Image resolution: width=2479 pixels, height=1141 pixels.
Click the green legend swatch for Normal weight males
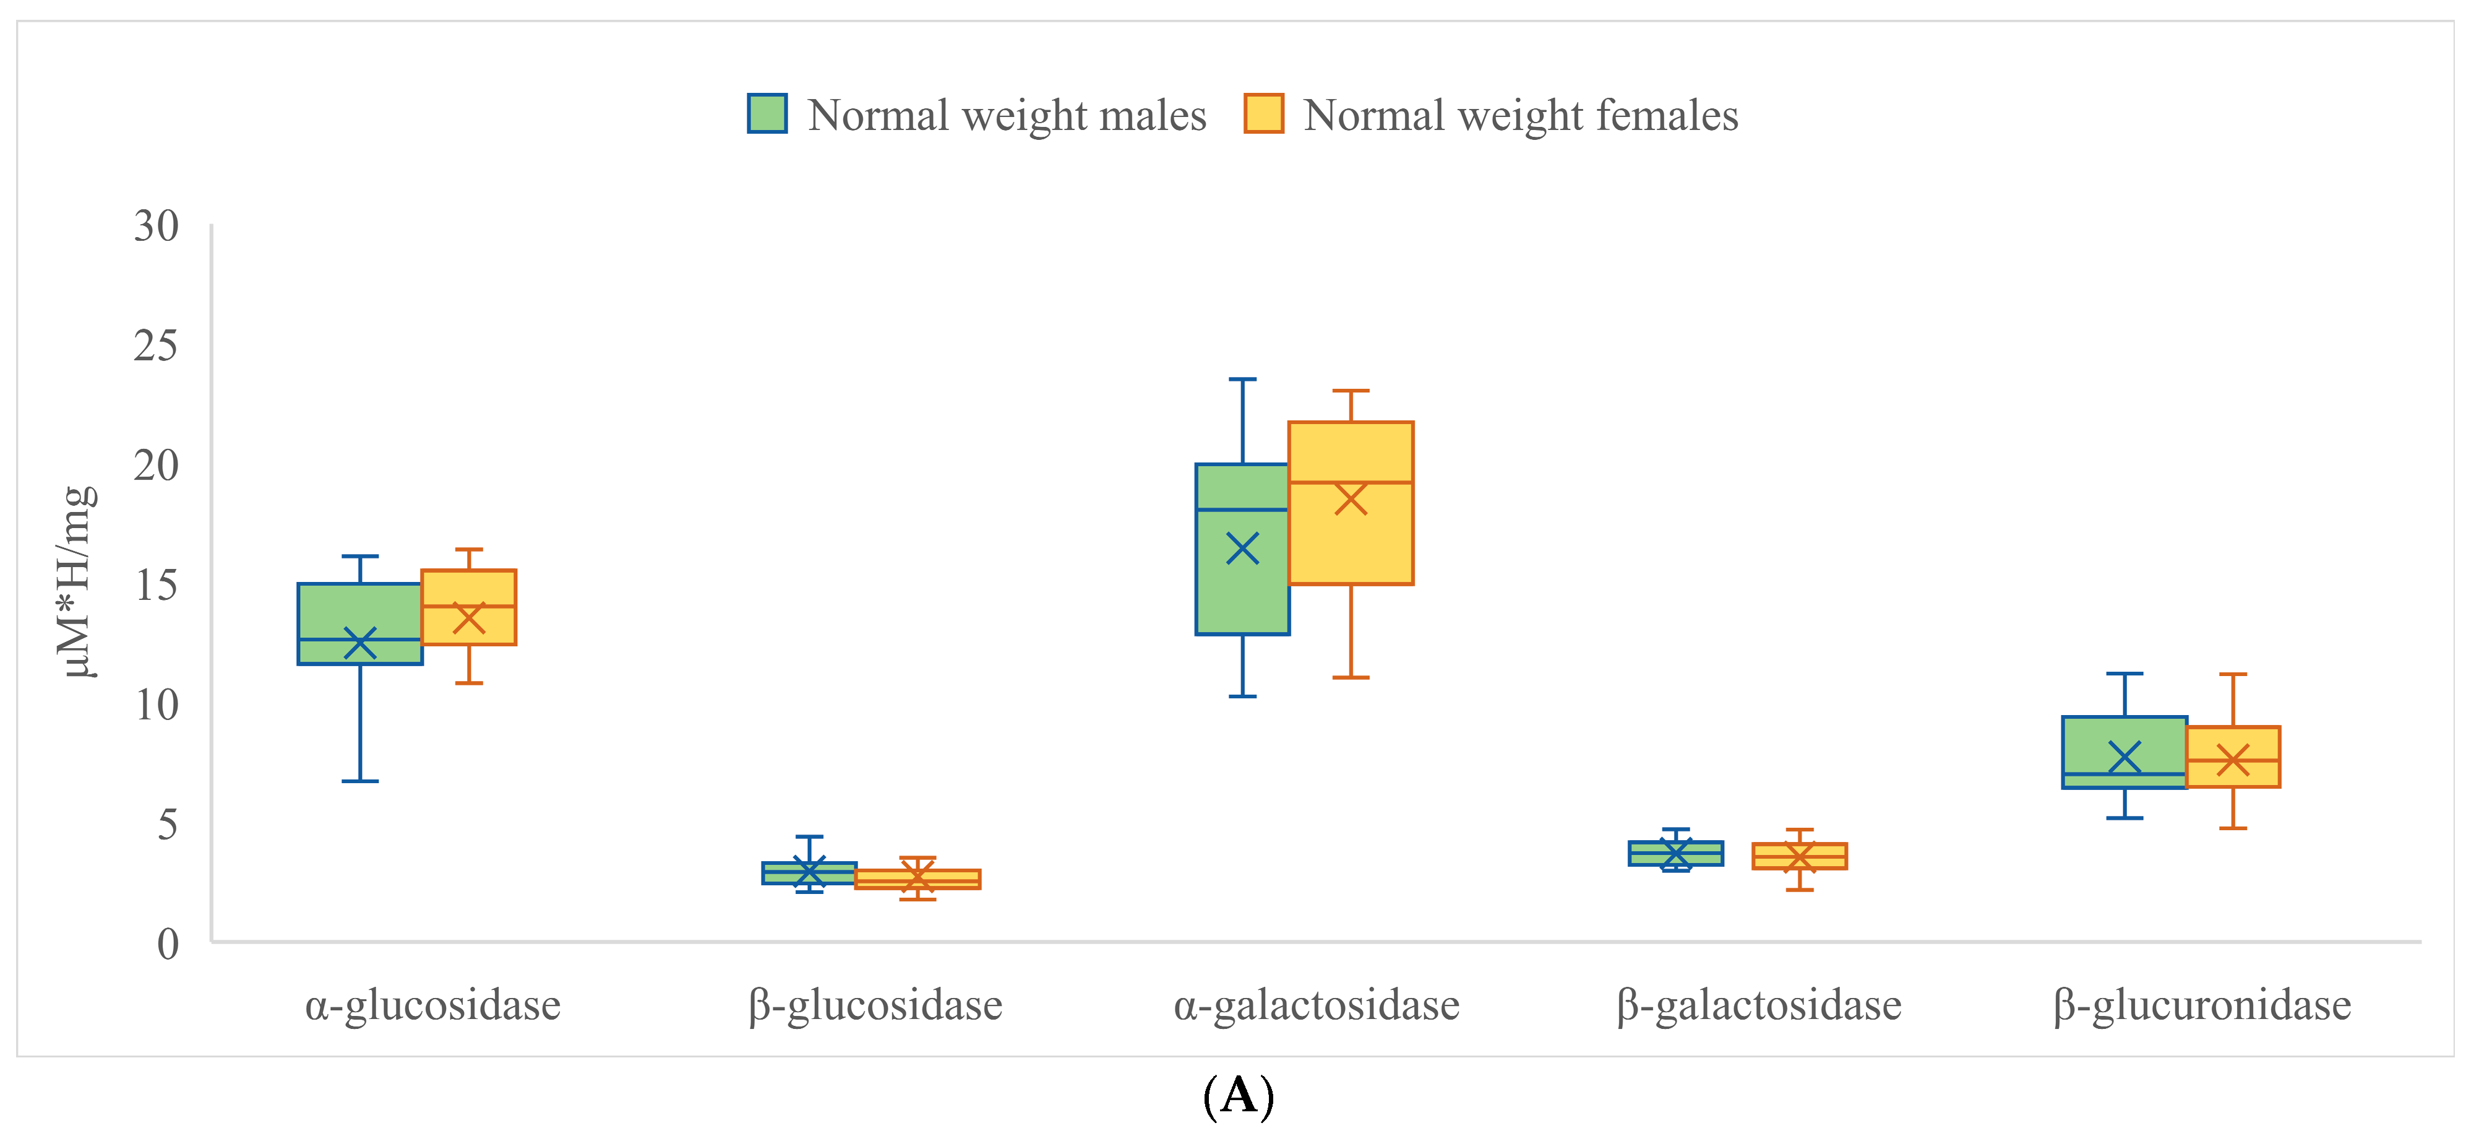[767, 114]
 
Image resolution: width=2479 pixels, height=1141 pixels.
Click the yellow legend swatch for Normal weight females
[1263, 114]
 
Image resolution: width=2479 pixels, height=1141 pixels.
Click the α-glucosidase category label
[433, 1005]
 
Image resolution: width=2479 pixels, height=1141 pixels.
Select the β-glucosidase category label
[876, 1005]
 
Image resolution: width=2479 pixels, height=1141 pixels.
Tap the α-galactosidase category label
[1317, 1005]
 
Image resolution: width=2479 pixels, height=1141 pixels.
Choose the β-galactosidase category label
[1759, 1005]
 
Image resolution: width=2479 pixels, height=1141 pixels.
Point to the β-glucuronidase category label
[2202, 1005]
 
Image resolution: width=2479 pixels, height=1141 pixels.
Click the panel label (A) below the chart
[1239, 1096]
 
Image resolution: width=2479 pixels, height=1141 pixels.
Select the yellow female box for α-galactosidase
[1351, 539]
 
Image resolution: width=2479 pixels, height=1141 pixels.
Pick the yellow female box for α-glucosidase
[469, 588]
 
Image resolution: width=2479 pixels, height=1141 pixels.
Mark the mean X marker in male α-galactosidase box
[1242, 549]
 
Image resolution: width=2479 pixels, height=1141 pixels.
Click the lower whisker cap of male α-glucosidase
[360, 781]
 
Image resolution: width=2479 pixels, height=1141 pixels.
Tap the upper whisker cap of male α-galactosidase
[1242, 380]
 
